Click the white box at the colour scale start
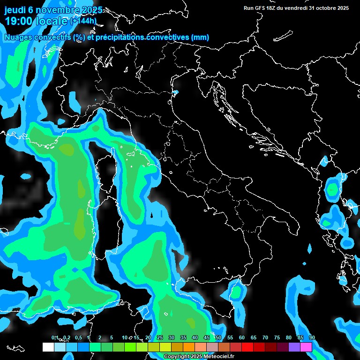[48, 347]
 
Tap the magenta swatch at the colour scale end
[306, 347]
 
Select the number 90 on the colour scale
[312, 337]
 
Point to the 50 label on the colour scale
[218, 337]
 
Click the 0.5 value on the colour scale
[78, 337]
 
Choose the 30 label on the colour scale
[172, 337]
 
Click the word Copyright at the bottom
[176, 356]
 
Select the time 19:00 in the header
[19, 21]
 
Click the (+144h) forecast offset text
[83, 21]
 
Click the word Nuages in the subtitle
[18, 37]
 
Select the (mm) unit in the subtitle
[200, 37]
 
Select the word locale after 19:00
[53, 21]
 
